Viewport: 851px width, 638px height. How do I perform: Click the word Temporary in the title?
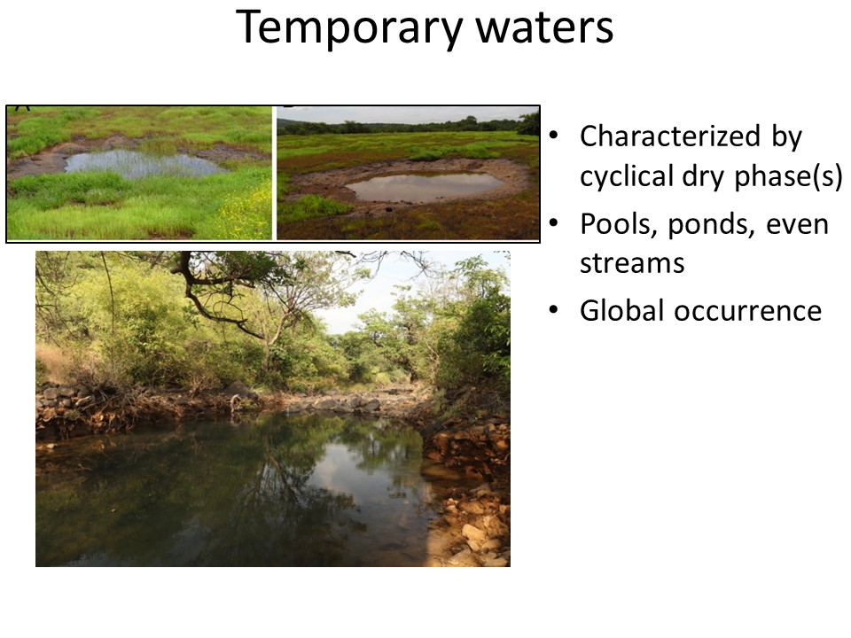[x=349, y=28]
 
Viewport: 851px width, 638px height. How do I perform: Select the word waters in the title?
[x=545, y=28]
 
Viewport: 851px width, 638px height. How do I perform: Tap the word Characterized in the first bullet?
[x=670, y=136]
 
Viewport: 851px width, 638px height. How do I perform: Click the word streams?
[x=632, y=264]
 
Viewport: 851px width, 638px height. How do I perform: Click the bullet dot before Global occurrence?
[x=553, y=310]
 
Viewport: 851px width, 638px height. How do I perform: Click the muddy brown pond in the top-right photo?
[x=424, y=186]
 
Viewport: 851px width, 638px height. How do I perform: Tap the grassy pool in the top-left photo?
[x=142, y=164]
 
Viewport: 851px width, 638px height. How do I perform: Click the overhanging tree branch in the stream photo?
[x=217, y=304]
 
